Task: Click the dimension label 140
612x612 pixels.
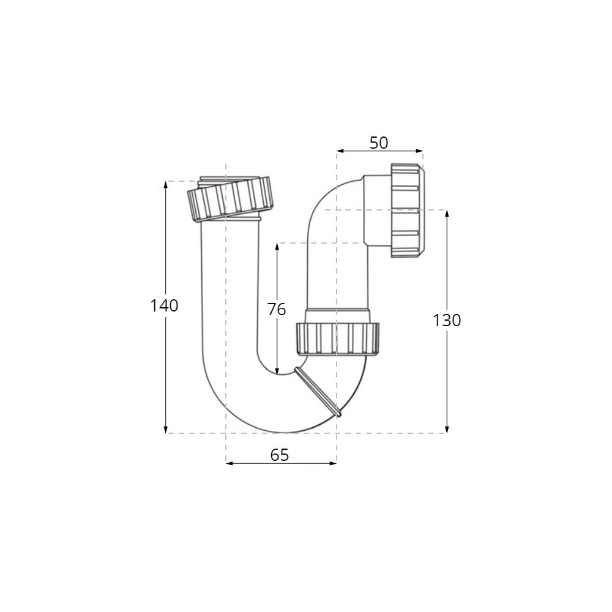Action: [164, 305]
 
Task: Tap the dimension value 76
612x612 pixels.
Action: [277, 309]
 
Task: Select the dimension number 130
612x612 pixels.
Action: [447, 321]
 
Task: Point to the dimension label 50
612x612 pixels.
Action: [379, 143]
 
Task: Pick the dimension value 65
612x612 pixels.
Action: [280, 455]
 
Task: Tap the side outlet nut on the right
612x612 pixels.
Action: [407, 211]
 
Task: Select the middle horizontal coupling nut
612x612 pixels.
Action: [338, 339]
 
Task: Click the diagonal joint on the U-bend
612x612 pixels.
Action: [318, 392]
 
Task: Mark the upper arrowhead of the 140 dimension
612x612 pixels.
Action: [166, 185]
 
